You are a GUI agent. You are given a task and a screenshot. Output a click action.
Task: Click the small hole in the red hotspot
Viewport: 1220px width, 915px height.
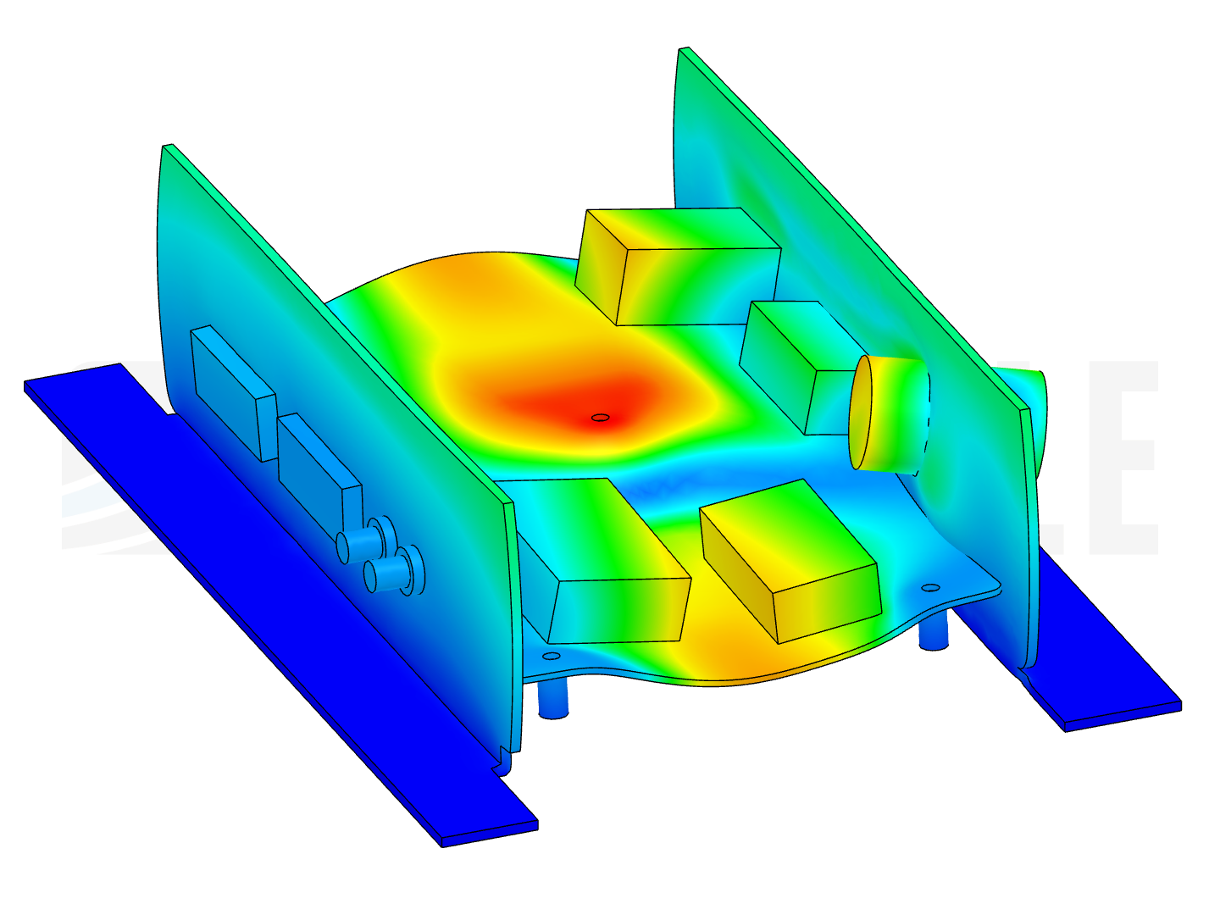coord(600,417)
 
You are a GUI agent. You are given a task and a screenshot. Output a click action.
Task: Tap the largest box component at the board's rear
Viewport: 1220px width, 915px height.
coord(678,267)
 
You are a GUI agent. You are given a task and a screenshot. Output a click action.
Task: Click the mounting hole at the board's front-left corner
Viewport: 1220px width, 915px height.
coord(551,656)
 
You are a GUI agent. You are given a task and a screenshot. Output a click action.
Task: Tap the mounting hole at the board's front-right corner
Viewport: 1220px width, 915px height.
coord(929,587)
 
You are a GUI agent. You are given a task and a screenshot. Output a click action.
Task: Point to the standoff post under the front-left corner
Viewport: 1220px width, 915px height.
coord(552,699)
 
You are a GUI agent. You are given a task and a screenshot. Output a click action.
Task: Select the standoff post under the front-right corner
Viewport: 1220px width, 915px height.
coord(933,631)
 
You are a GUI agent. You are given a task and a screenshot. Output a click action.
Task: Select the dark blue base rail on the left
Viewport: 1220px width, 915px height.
coord(254,593)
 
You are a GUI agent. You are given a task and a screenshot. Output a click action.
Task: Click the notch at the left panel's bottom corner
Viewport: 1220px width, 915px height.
coord(503,757)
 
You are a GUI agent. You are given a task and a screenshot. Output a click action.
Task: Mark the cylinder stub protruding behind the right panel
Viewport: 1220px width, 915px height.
coord(1037,407)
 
